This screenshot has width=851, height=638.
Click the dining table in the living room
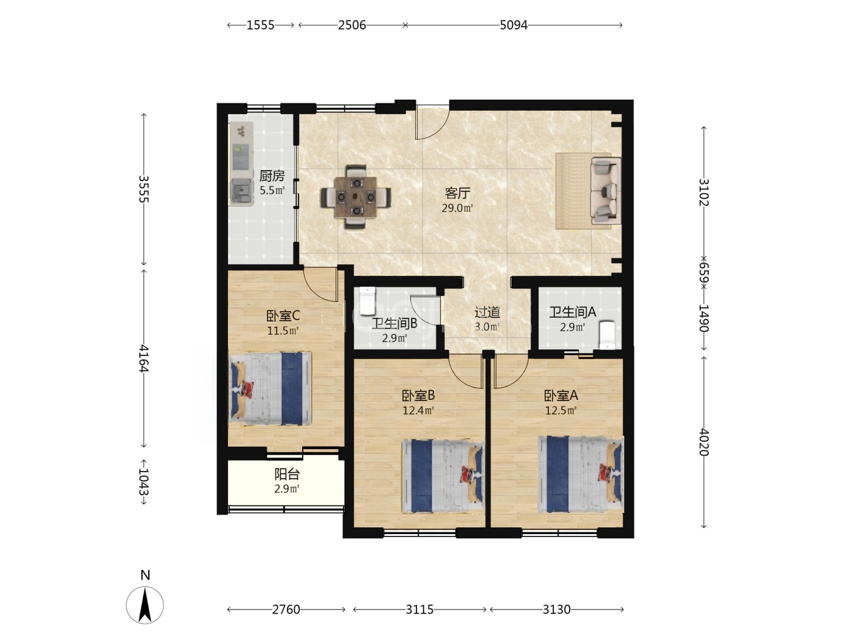[356, 197]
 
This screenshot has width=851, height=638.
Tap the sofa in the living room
[605, 190]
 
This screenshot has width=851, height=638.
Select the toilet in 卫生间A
[607, 335]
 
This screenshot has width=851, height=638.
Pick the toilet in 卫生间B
[367, 301]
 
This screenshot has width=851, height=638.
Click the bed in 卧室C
[270, 388]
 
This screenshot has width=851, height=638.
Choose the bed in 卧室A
[581, 474]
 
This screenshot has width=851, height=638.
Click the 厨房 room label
[272, 176]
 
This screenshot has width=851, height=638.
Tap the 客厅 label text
[458, 193]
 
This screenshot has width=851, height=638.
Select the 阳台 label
[287, 474]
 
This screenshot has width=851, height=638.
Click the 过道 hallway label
[488, 312]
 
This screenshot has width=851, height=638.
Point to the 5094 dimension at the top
[513, 25]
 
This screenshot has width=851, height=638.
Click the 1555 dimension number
[260, 25]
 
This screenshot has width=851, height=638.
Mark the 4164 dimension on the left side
[144, 358]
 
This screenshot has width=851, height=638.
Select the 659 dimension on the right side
[704, 273]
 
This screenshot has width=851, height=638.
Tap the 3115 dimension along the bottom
[419, 609]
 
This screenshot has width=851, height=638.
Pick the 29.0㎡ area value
[458, 208]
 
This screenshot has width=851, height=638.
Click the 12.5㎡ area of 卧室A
[561, 410]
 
